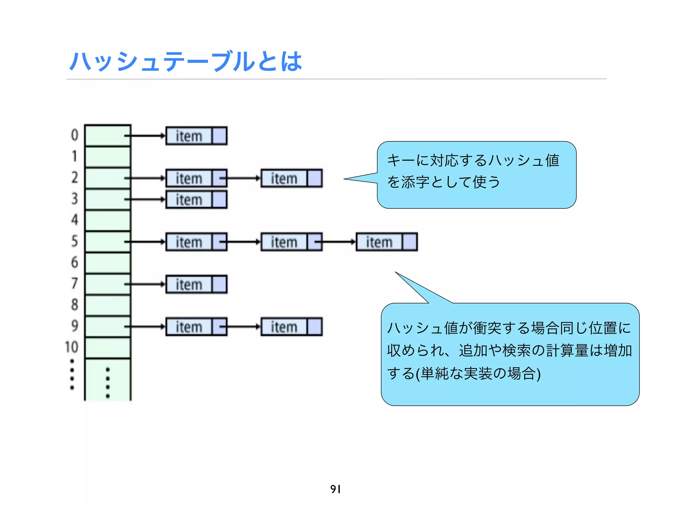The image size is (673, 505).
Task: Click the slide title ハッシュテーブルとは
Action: pos(186,61)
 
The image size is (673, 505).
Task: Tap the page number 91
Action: pos(336,489)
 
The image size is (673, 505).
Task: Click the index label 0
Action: pos(75,135)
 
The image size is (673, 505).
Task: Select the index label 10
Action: pos(72,347)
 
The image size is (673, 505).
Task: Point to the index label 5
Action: pos(75,241)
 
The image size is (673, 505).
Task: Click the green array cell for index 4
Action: pos(108,220)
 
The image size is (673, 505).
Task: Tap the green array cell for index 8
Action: pos(108,305)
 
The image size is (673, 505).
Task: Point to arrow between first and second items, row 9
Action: pos(242,327)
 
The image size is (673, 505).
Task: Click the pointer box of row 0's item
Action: pos(220,136)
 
